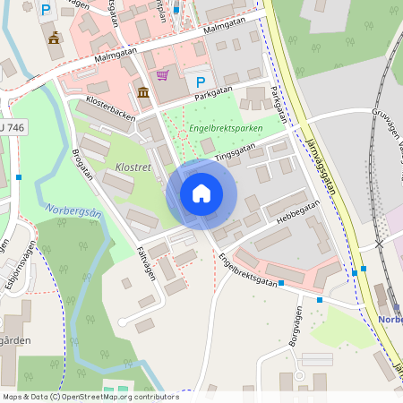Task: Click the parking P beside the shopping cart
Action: (x=200, y=82)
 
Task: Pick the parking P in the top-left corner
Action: (x=46, y=10)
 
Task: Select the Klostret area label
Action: (x=133, y=167)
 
